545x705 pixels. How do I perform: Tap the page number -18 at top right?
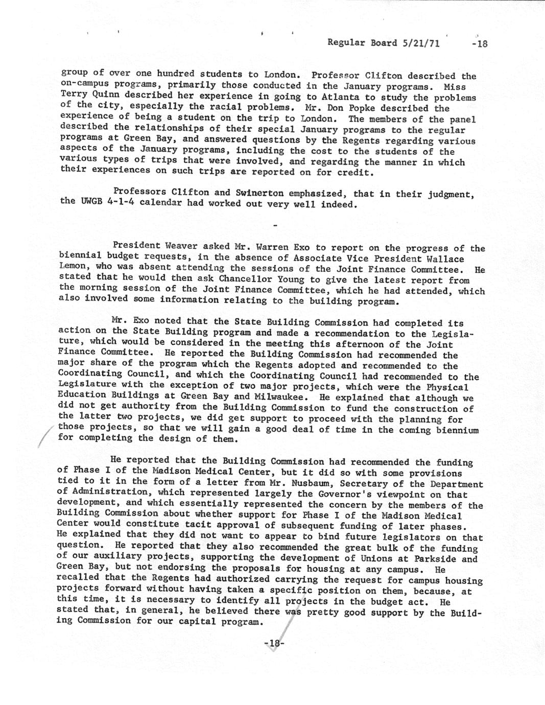pos(480,43)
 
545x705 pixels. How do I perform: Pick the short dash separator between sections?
pos(275,225)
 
